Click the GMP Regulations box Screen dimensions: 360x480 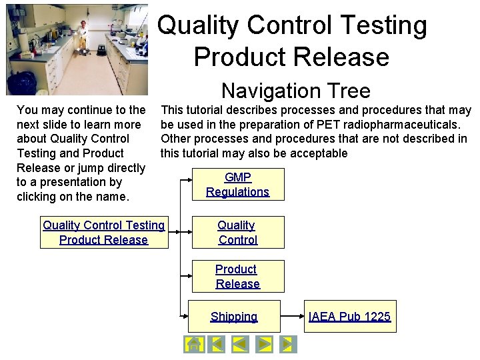point(238,185)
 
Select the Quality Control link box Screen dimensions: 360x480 point(238,233)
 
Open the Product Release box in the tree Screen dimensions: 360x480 point(238,277)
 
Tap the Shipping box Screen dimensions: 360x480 point(234,317)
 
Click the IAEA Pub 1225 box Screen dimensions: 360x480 point(349,317)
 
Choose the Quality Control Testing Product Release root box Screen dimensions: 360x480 point(104,233)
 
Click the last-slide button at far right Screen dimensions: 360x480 point(287,344)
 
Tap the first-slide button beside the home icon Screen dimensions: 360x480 point(216,344)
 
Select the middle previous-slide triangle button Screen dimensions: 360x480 point(240,344)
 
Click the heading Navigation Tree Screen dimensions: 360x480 point(295,90)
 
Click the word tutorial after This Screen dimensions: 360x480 point(211,110)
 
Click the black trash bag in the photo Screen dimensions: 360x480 point(21,83)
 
